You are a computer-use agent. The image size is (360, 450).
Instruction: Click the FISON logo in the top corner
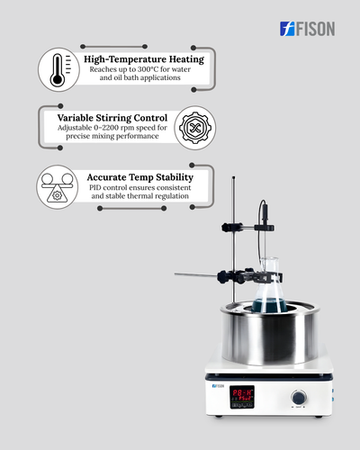click(307, 29)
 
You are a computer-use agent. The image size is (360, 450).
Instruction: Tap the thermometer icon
click(58, 69)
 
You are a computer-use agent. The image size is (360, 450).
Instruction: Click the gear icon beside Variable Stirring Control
click(195, 128)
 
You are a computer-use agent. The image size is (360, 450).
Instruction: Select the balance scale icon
click(58, 187)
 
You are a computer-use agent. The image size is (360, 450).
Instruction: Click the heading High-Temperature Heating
click(144, 59)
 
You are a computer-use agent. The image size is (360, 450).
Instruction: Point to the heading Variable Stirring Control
click(112, 118)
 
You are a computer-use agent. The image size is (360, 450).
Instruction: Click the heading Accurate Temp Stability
click(140, 177)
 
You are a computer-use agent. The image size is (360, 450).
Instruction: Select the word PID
click(94, 188)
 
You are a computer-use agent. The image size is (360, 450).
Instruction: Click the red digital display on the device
click(242, 397)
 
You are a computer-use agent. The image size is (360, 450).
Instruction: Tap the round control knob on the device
click(299, 398)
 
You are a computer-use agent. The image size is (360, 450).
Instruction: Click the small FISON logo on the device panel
click(218, 386)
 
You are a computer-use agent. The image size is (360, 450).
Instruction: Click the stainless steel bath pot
click(270, 332)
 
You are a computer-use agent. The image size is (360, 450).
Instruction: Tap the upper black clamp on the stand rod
click(232, 228)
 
